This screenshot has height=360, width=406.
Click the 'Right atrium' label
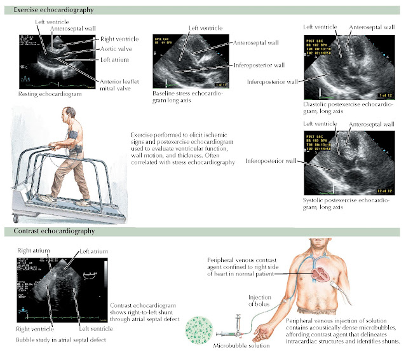point(31,251)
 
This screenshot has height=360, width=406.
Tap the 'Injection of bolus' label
point(259,300)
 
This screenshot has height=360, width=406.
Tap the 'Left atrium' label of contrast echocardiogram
point(91,251)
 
